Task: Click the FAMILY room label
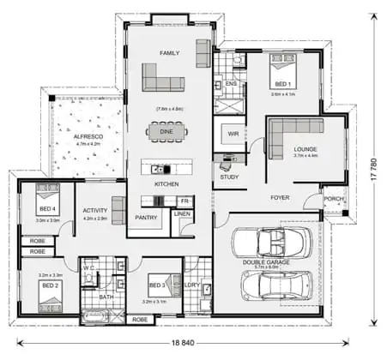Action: (x=170, y=53)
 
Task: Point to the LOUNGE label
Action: (x=305, y=148)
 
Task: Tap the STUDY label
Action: (x=229, y=177)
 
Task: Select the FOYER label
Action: (x=280, y=197)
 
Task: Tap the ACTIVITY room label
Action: (x=94, y=210)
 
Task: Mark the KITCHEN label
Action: (x=166, y=184)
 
